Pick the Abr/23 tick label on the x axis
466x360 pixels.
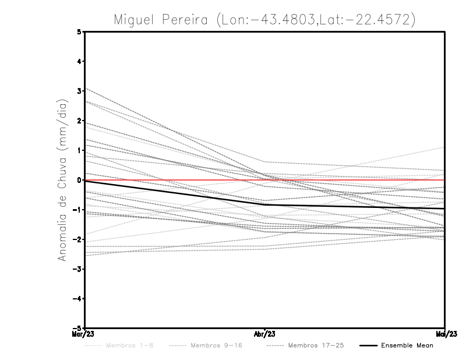point(265,334)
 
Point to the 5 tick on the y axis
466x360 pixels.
point(79,31)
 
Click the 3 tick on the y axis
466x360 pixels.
point(79,91)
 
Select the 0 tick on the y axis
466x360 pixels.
point(79,180)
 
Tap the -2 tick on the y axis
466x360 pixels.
point(77,239)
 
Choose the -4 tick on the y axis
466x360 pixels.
point(77,298)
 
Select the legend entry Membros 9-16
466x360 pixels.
point(216,345)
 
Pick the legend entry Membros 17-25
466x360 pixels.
point(316,345)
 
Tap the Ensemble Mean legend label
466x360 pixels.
point(407,345)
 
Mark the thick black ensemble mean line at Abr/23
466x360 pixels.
point(265,204)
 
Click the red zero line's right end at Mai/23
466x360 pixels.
point(444,180)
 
